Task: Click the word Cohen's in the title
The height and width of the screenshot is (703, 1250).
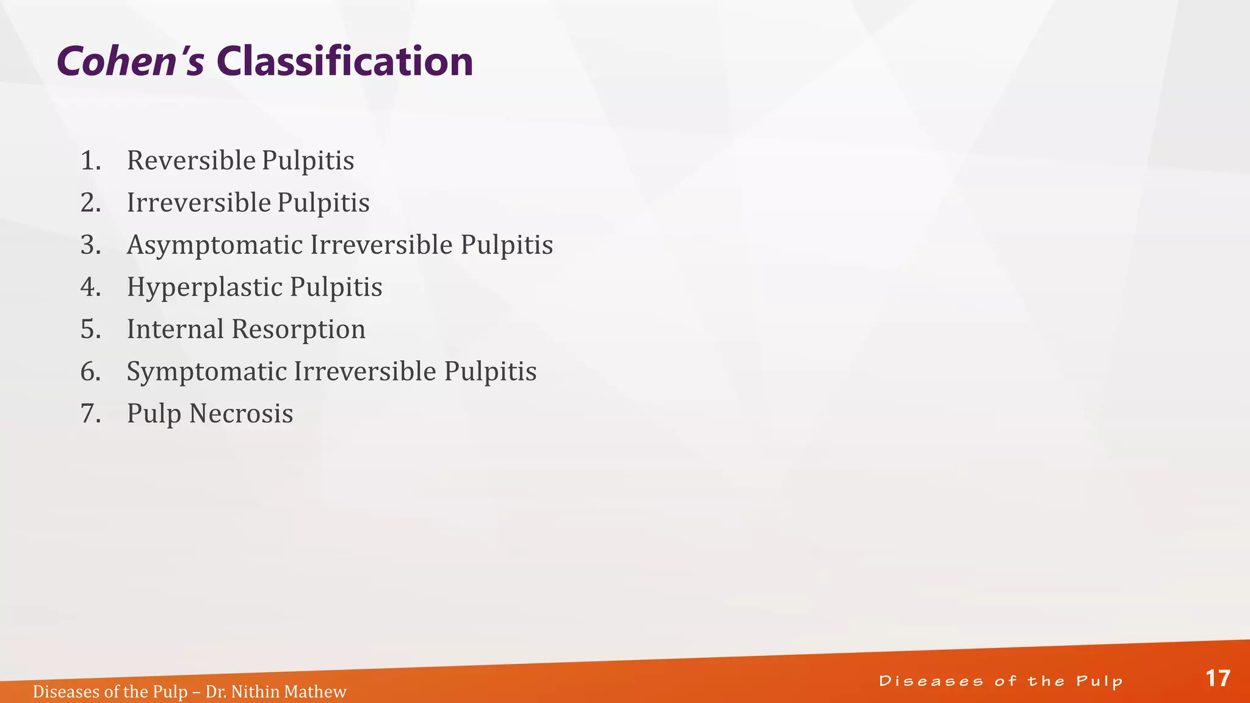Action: click(x=130, y=62)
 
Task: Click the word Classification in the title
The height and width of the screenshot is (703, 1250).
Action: click(x=345, y=62)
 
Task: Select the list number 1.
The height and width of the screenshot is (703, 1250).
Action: click(x=90, y=160)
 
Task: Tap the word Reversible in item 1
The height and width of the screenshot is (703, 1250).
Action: click(x=191, y=160)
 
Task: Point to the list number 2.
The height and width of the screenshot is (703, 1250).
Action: click(x=90, y=203)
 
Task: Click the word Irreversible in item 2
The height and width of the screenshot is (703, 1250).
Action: click(x=198, y=203)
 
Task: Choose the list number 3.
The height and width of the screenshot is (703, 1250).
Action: click(x=90, y=245)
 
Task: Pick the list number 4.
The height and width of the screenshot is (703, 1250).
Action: click(x=90, y=287)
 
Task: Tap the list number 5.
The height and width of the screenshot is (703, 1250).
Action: click(x=90, y=329)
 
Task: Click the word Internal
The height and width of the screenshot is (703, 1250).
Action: click(x=175, y=329)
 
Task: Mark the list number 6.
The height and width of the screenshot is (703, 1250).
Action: click(x=90, y=371)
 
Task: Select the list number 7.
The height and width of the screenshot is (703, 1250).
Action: click(x=90, y=413)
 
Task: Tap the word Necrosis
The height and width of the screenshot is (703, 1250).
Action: click(x=241, y=414)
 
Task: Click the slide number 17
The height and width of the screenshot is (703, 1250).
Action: click(x=1218, y=679)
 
